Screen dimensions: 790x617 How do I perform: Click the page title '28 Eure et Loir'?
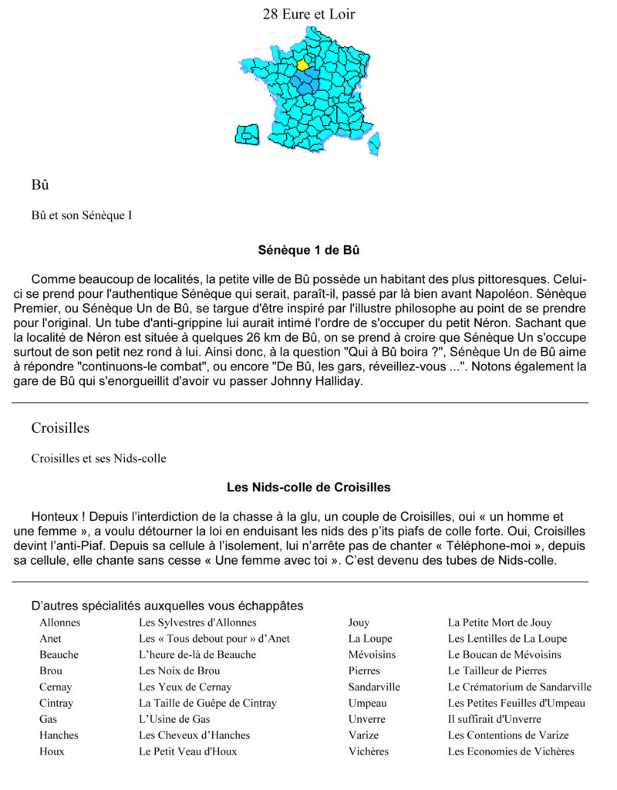(x=308, y=14)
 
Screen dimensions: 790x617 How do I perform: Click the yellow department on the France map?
(x=302, y=65)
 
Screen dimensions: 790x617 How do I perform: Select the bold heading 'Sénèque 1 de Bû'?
(x=308, y=251)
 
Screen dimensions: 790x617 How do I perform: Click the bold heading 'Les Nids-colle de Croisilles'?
(x=308, y=488)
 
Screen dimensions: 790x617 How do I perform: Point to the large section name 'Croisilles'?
(x=60, y=427)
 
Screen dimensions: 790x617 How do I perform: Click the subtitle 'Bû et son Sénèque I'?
(x=81, y=215)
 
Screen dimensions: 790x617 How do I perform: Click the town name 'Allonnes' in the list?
(x=59, y=623)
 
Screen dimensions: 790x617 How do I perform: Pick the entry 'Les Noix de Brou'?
(x=179, y=671)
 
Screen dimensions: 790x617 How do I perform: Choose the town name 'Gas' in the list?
(x=48, y=719)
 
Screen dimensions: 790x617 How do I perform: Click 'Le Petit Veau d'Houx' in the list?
(x=187, y=751)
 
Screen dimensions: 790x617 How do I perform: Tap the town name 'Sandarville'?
(x=374, y=687)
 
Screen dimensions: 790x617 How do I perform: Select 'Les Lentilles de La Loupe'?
(x=507, y=639)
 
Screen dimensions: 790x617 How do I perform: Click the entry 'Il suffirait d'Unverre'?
(x=494, y=719)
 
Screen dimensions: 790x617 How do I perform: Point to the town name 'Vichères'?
(x=369, y=751)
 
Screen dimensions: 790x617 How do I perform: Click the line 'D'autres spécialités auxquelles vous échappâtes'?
(x=167, y=606)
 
